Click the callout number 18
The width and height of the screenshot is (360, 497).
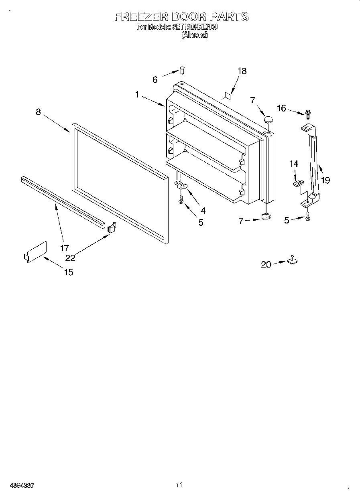(x=242, y=71)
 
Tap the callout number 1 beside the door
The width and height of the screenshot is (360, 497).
(x=137, y=95)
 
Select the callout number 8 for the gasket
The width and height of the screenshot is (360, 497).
(x=38, y=112)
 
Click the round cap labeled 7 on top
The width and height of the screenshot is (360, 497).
(x=268, y=119)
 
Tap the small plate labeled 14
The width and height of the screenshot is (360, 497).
(x=297, y=183)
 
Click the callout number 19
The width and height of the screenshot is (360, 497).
(x=325, y=180)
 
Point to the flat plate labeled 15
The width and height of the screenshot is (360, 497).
(x=35, y=252)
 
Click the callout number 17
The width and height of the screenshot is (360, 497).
(x=65, y=248)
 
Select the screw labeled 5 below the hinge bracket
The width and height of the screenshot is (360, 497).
(x=181, y=199)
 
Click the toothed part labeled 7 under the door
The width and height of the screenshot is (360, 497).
(x=265, y=217)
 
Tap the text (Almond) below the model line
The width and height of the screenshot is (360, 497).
(x=195, y=35)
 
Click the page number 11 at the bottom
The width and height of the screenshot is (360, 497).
(x=179, y=485)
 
